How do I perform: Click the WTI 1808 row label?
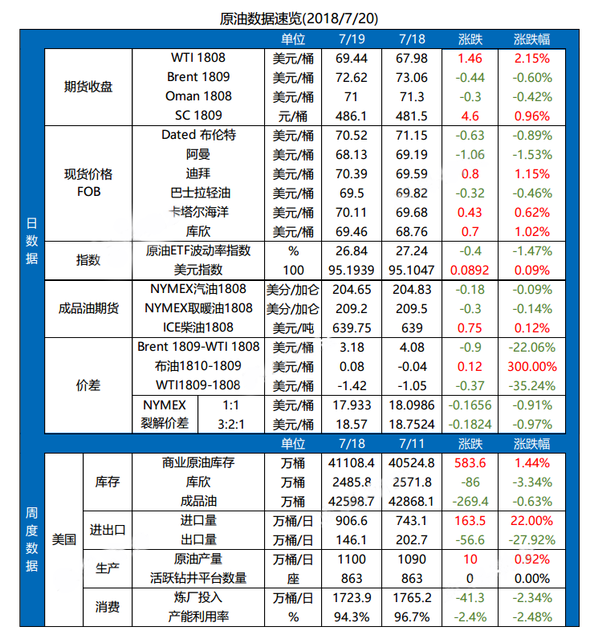coord(198,58)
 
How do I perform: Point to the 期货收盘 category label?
coord(88,87)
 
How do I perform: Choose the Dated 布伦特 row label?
coord(198,135)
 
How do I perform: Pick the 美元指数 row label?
coord(198,270)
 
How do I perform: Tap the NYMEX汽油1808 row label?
coord(198,289)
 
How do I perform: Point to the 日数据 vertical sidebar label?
coord(31,241)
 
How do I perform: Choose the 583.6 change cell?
coord(470,462)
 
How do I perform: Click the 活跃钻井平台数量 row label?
coord(198,578)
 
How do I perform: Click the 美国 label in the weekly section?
coord(63,539)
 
